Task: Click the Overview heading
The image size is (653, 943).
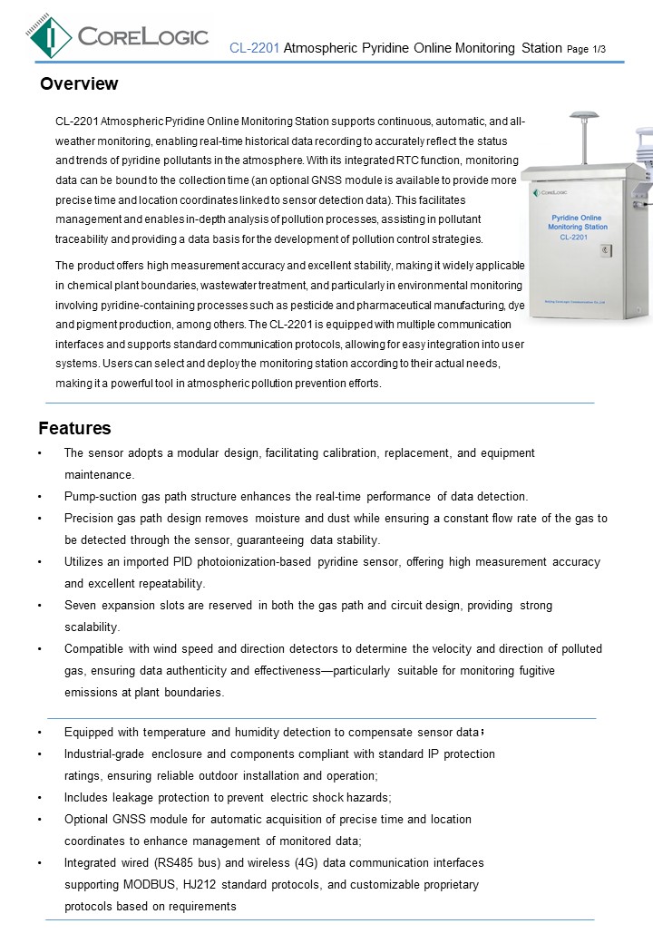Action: [79, 84]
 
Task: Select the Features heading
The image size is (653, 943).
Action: [74, 429]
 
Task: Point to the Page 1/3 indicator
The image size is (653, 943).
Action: [586, 48]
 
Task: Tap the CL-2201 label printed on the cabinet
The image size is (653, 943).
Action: [574, 237]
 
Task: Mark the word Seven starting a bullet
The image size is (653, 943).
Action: [81, 606]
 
